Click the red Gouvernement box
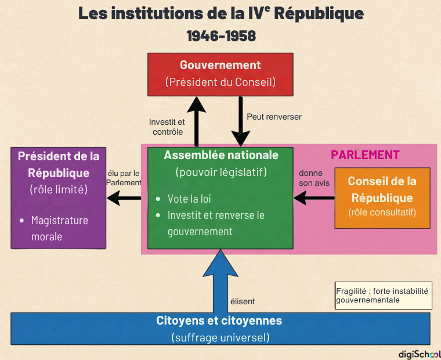coord(220,74)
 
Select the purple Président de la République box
coord(59,198)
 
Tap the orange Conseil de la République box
coord(382,197)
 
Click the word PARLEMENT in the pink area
coord(365,155)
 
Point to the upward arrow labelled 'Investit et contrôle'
coord(197,121)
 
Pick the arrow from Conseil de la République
coord(314,199)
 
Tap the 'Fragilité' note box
coord(383,296)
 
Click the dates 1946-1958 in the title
coord(221,36)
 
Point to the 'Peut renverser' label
coord(274,117)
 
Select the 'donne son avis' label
coord(314,178)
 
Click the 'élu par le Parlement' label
coord(124,178)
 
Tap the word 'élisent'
coord(243,301)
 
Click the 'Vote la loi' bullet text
coord(189,199)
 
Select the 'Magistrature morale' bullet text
coord(60,228)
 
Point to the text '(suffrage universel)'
coord(220,337)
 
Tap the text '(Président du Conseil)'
coord(220,82)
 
